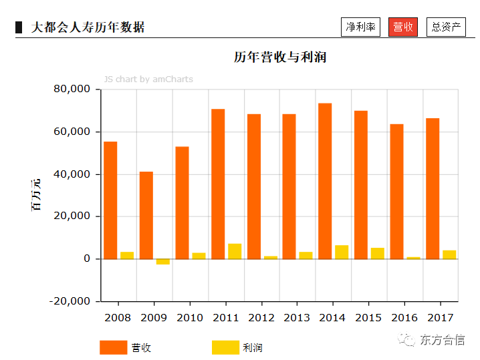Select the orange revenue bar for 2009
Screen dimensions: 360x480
tap(146, 215)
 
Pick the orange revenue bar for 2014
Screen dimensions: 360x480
tap(325, 181)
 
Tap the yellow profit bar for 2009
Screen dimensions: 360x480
tap(163, 261)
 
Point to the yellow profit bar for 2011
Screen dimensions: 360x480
tap(235, 251)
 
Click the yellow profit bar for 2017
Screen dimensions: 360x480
tap(449, 254)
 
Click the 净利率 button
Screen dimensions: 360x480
tap(360, 27)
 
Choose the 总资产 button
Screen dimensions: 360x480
tap(446, 27)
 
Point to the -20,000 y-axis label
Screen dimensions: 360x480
tap(69, 301)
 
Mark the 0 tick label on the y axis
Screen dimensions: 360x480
tap(87, 259)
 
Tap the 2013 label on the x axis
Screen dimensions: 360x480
tap(297, 317)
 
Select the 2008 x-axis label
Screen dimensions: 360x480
tap(118, 317)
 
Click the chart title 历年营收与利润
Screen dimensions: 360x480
tap(279, 57)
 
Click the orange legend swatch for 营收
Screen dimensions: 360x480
tap(113, 347)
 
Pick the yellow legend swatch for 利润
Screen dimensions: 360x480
tap(225, 347)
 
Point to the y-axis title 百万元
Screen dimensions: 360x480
tap(36, 195)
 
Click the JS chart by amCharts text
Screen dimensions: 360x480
tap(148, 79)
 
